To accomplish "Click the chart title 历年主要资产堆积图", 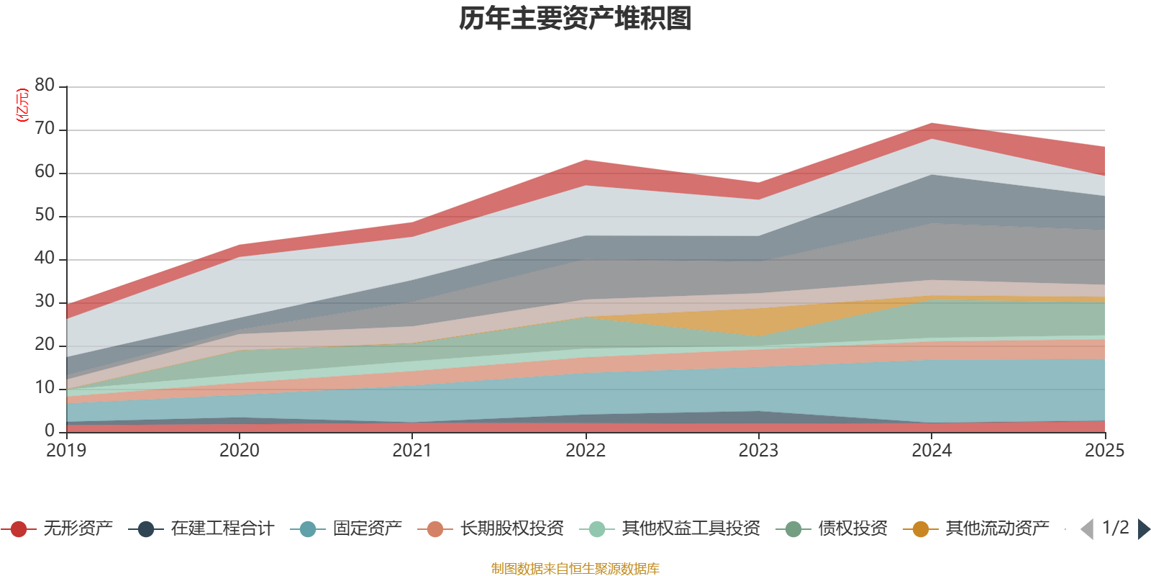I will [575, 19].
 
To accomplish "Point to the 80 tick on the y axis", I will [45, 86].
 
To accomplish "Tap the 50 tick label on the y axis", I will [45, 215].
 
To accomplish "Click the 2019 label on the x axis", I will [66, 451].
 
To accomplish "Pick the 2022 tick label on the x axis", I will [586, 451].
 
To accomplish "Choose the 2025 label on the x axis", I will [1104, 451].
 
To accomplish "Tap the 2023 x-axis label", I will [758, 451].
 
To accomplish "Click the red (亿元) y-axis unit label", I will [22, 105].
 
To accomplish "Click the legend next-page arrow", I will [1144, 529].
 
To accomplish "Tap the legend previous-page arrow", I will [1087, 529].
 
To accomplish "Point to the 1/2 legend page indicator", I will [1116, 528].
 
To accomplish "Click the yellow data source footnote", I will [575, 569].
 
